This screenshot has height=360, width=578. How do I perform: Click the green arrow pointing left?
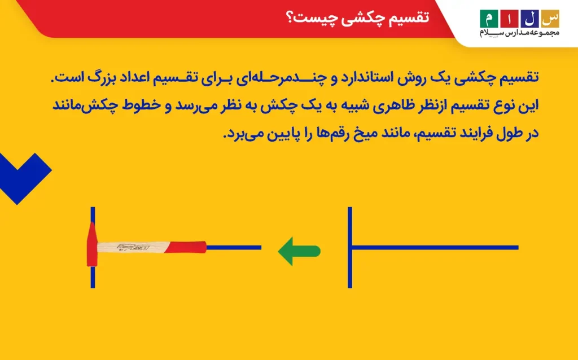[299, 251]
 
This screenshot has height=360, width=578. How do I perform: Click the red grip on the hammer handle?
[185, 247]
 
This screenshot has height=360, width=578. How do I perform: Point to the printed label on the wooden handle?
[133, 247]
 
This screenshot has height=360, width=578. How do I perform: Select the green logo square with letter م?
[489, 19]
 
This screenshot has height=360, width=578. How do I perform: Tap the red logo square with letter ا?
[510, 19]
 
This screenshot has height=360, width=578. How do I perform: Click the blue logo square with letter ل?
[529, 19]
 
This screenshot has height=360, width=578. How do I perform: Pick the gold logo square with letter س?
[550, 19]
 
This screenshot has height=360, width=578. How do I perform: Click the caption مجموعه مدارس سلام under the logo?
[519, 33]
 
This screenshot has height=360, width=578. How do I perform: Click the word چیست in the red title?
[308, 18]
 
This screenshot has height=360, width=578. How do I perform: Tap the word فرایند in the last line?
[481, 133]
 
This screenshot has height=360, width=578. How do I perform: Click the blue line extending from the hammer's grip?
[234, 248]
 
